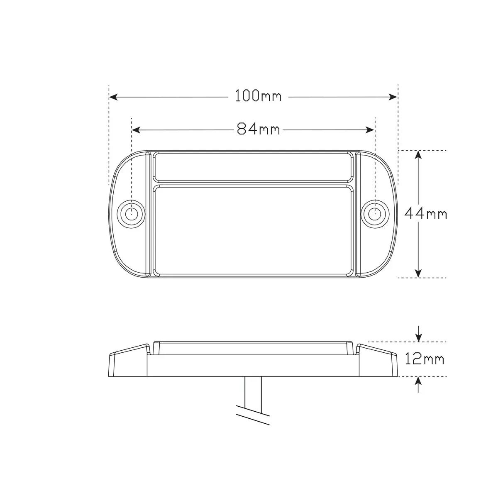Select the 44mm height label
[x=426, y=214]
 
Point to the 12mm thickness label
[x=425, y=359]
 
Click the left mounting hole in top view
[x=131, y=214]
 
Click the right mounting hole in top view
[x=375, y=214]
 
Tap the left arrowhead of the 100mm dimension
[x=113, y=97]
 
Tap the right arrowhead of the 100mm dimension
[x=393, y=97]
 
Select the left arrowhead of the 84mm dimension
[x=136, y=130]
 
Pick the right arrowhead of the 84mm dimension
[x=370, y=130]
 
